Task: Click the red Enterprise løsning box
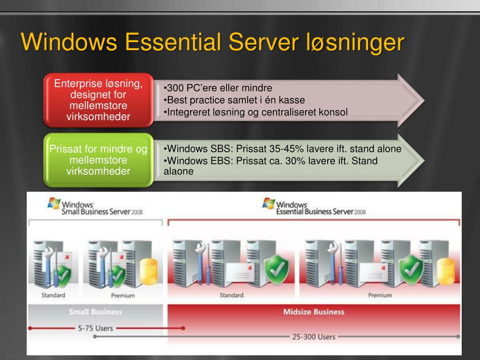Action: (x=98, y=100)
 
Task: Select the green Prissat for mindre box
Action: (x=98, y=160)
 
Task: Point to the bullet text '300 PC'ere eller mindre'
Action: (x=217, y=88)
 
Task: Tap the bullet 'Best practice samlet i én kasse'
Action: (x=234, y=100)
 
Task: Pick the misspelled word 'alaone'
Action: (x=179, y=171)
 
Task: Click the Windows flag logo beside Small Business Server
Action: (x=54, y=203)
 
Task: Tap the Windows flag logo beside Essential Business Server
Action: (x=269, y=203)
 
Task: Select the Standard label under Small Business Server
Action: (x=53, y=295)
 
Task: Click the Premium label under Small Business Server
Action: (x=123, y=296)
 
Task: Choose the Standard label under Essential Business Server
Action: (x=232, y=295)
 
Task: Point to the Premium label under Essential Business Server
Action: (x=380, y=295)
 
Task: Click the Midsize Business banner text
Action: (x=314, y=312)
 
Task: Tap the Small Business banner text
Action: (x=96, y=312)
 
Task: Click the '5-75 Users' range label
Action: (x=96, y=329)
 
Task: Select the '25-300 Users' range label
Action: (x=314, y=337)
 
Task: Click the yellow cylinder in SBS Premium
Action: (x=149, y=271)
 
